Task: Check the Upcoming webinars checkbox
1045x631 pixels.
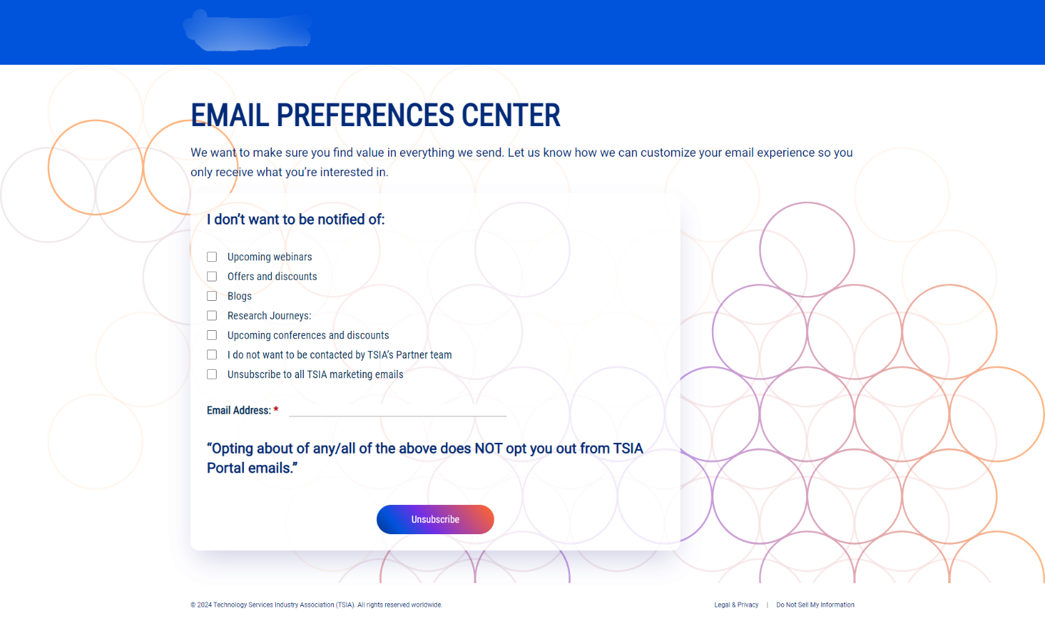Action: point(212,257)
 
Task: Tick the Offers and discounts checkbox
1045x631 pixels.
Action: point(212,276)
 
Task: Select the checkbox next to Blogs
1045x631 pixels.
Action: point(212,296)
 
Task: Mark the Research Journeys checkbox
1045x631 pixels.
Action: point(212,315)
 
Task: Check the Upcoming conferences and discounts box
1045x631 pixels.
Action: point(212,335)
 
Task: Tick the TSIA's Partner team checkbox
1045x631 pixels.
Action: point(212,355)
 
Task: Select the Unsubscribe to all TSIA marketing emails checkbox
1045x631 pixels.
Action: point(212,374)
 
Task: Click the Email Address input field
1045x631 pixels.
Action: point(397,410)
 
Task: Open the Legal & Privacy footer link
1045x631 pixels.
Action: point(736,605)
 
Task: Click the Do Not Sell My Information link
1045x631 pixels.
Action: point(815,605)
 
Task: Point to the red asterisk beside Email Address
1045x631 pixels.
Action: point(276,410)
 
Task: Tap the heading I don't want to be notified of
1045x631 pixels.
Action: point(295,219)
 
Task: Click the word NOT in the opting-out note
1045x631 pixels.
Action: point(488,449)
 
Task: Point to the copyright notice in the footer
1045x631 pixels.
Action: point(316,605)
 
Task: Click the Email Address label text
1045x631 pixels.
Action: point(238,410)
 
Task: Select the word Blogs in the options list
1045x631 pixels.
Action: point(239,296)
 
